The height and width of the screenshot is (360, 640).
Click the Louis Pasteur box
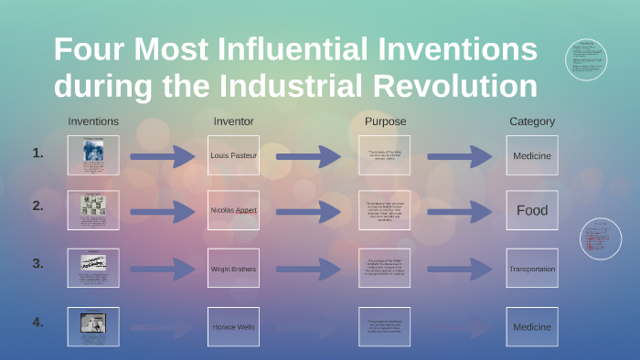[x=233, y=155]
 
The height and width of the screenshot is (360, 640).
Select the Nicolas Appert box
[x=233, y=210]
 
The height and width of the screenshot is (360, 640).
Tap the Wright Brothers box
[x=233, y=270]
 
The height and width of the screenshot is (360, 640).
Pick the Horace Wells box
[x=233, y=327]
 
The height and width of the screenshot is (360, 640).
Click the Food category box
[x=532, y=210]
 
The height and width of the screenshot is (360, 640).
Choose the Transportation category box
[x=532, y=270]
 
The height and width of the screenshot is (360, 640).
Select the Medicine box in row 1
[x=532, y=155]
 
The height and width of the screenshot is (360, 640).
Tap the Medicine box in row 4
[x=532, y=327]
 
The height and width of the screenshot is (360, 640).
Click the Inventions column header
[x=93, y=122]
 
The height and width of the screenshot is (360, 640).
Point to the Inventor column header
[x=233, y=122]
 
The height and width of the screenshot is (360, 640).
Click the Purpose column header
[x=385, y=122]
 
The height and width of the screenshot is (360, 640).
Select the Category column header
[x=532, y=122]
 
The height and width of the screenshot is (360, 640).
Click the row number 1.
[x=37, y=154]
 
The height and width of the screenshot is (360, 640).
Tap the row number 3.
[x=37, y=263]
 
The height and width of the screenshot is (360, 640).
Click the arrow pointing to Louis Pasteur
[x=163, y=156]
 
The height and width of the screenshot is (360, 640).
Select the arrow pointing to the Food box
[x=460, y=211]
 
